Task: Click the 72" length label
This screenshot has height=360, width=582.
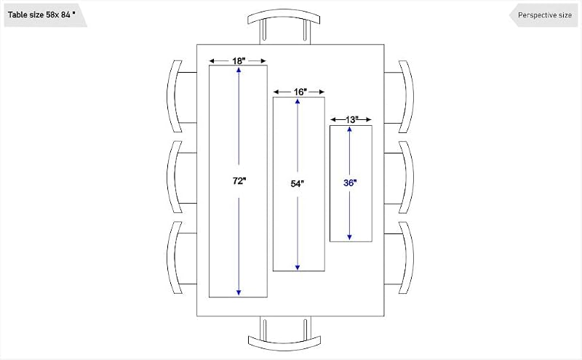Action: (x=239, y=181)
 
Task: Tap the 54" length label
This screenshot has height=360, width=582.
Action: (x=298, y=183)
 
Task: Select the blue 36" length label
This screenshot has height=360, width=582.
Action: (x=350, y=183)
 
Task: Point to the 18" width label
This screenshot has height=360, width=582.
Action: (x=239, y=60)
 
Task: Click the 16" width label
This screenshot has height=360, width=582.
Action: (x=300, y=92)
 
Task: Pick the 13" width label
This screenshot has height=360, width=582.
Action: (x=351, y=119)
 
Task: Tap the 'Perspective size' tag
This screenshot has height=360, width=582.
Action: (x=544, y=15)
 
